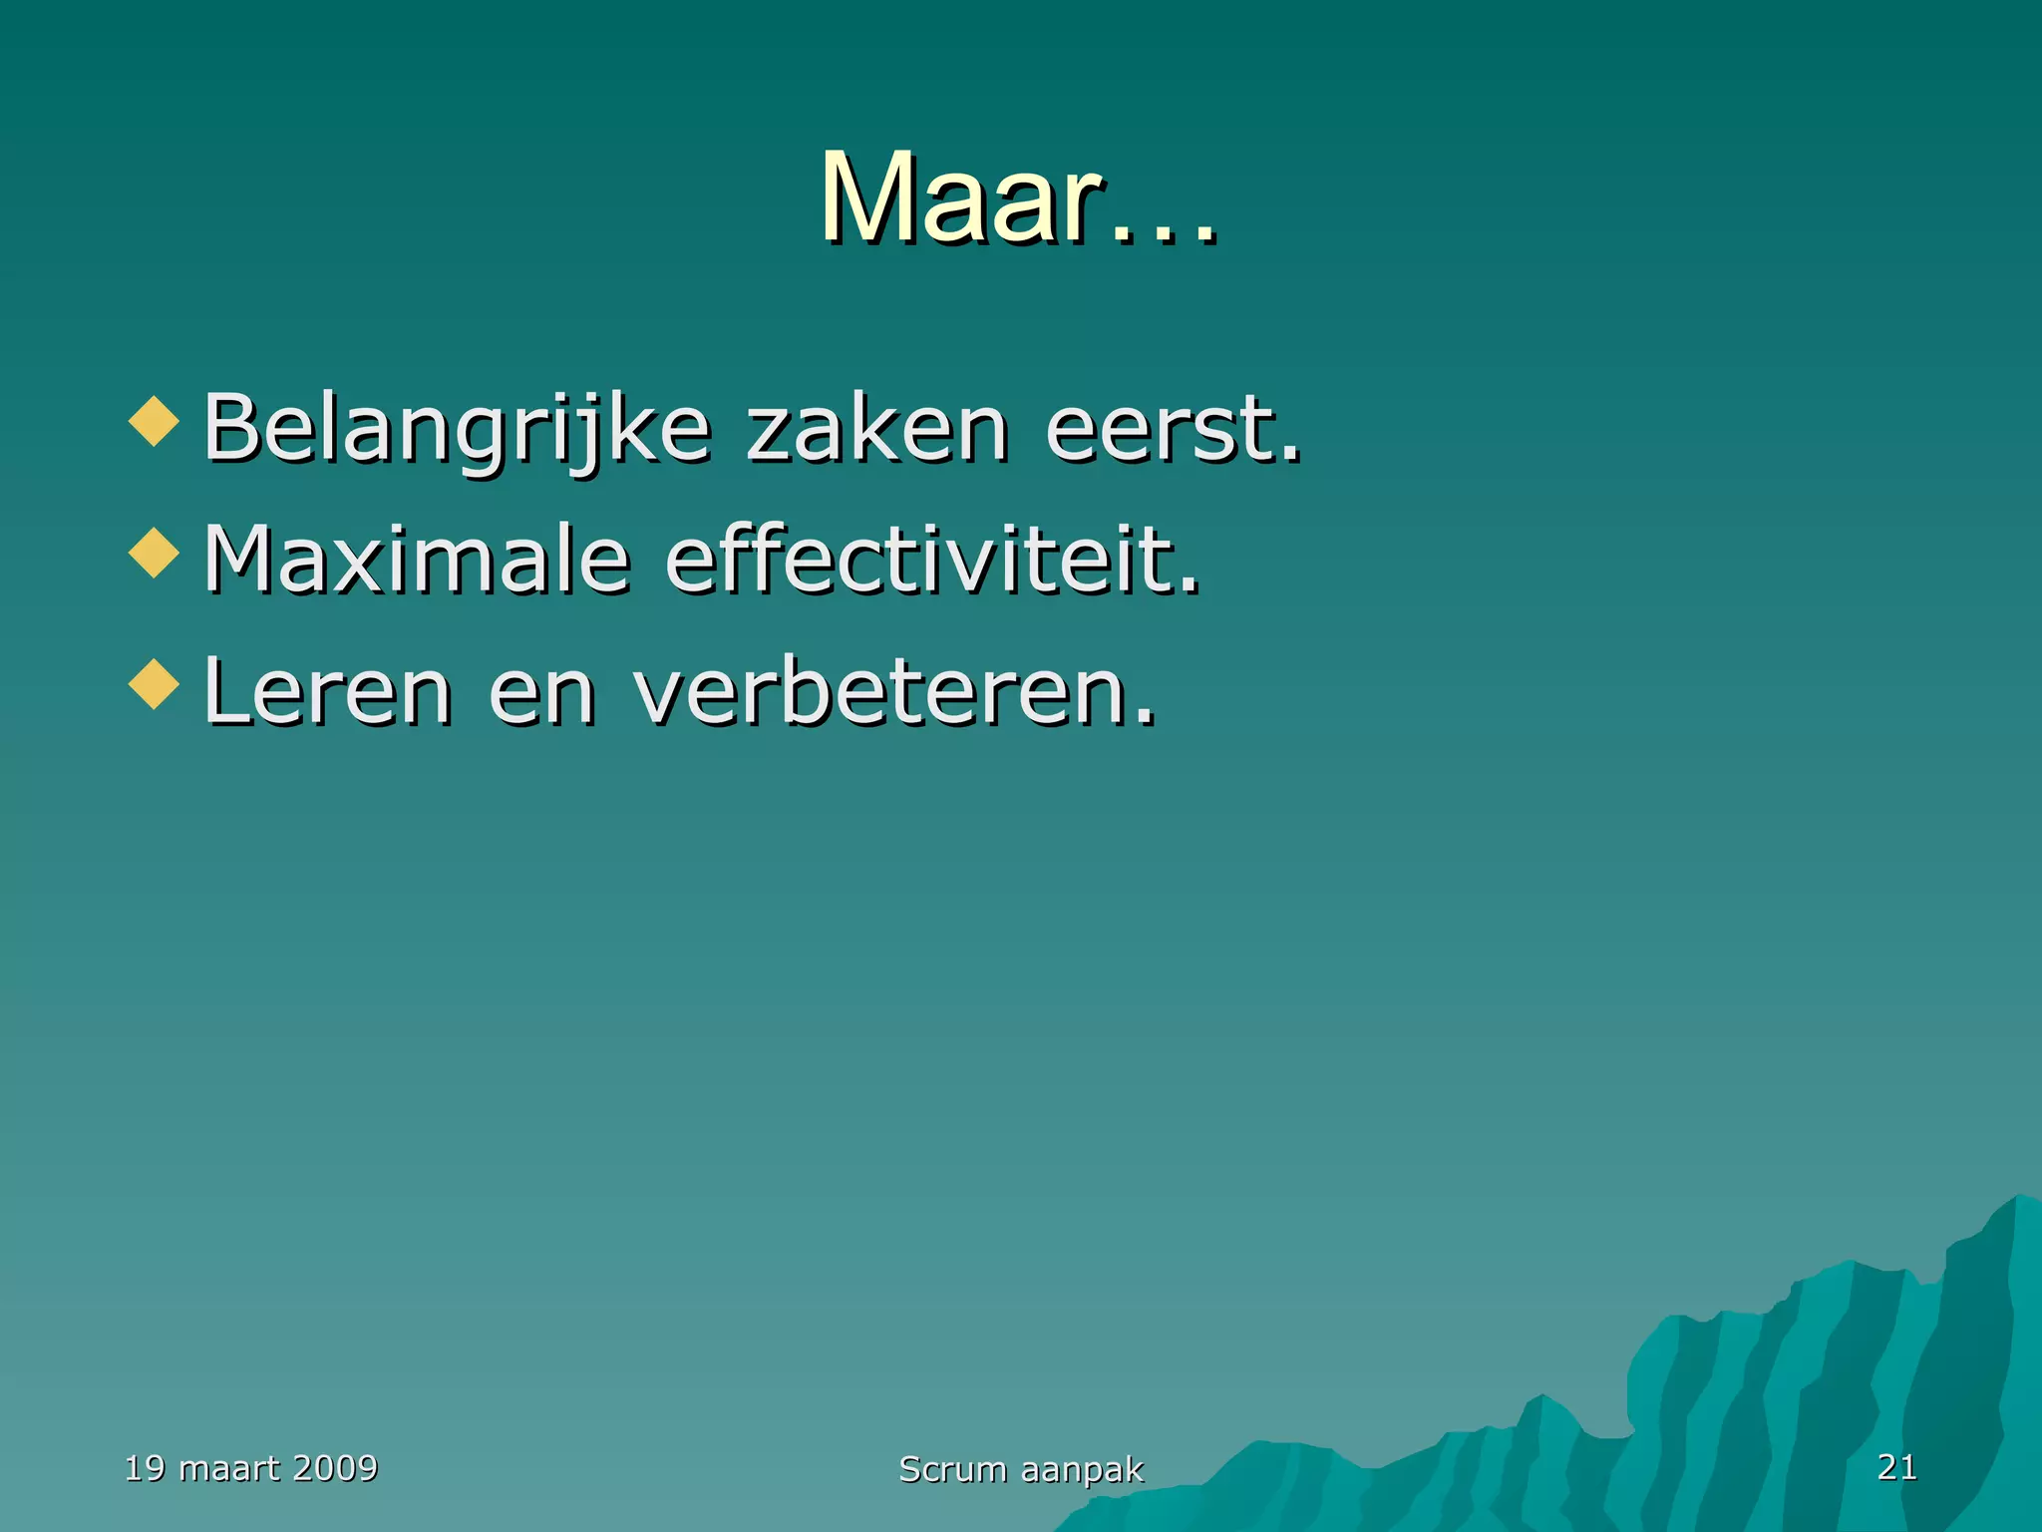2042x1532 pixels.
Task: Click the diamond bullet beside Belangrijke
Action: tap(155, 421)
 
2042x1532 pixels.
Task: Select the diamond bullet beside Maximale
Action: tap(155, 553)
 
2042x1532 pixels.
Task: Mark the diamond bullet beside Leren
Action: tap(155, 684)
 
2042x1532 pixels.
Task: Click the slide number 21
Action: tap(1896, 1467)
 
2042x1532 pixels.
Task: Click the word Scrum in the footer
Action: tap(952, 1469)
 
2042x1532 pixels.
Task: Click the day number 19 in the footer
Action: tap(145, 1468)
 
